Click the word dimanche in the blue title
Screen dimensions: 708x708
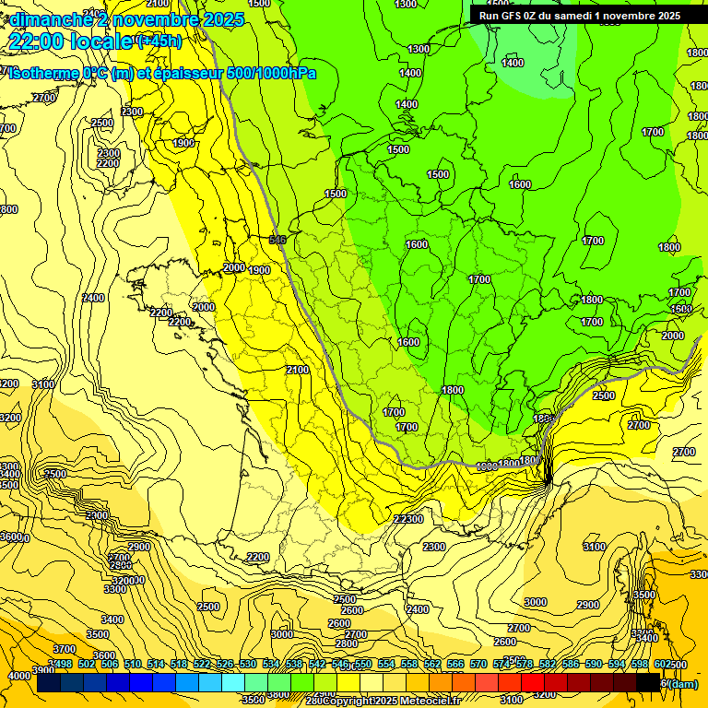pyautogui.click(x=46, y=18)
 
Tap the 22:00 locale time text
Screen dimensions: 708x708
pyautogui.click(x=70, y=41)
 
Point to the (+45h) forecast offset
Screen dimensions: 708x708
pyautogui.click(x=159, y=41)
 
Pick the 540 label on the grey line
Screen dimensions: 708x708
pyautogui.click(x=277, y=240)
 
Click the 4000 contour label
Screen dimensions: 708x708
pyautogui.click(x=18, y=676)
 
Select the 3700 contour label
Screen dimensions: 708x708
pyautogui.click(x=65, y=649)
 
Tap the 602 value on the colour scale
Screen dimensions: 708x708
pyautogui.click(x=663, y=664)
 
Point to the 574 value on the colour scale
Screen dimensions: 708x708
pyautogui.click(x=501, y=664)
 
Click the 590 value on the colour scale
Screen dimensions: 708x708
pyautogui.click(x=594, y=664)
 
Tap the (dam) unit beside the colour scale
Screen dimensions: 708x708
pyautogui.click(x=682, y=683)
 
